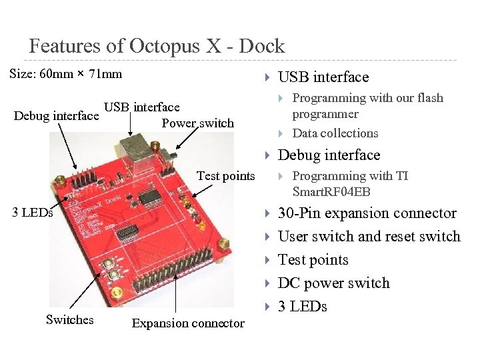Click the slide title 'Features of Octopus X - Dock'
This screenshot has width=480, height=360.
click(x=157, y=46)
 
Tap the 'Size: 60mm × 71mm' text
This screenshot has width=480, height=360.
click(x=66, y=73)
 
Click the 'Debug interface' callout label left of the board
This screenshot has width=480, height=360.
click(x=56, y=116)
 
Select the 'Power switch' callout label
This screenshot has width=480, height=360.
click(x=197, y=123)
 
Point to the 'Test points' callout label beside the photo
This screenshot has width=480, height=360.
click(x=225, y=175)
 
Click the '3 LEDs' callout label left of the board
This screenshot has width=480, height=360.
click(x=33, y=213)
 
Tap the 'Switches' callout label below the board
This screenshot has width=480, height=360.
click(x=69, y=319)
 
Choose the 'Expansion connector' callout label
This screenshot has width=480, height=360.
click(x=188, y=323)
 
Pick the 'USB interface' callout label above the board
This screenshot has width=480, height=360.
click(x=141, y=107)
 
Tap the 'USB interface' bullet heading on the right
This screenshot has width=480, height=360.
click(x=323, y=77)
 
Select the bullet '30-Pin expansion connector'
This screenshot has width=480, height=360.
click(x=367, y=213)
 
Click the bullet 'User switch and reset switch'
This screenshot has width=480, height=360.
click(x=369, y=237)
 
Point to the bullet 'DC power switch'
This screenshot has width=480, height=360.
click(x=333, y=283)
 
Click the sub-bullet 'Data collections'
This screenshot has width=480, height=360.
click(x=335, y=133)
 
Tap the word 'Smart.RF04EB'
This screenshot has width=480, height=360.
click(x=331, y=192)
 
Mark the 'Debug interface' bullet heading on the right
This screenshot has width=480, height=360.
click(x=329, y=155)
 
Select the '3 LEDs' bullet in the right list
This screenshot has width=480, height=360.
click(x=302, y=307)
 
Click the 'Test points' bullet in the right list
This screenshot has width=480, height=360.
click(x=313, y=260)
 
